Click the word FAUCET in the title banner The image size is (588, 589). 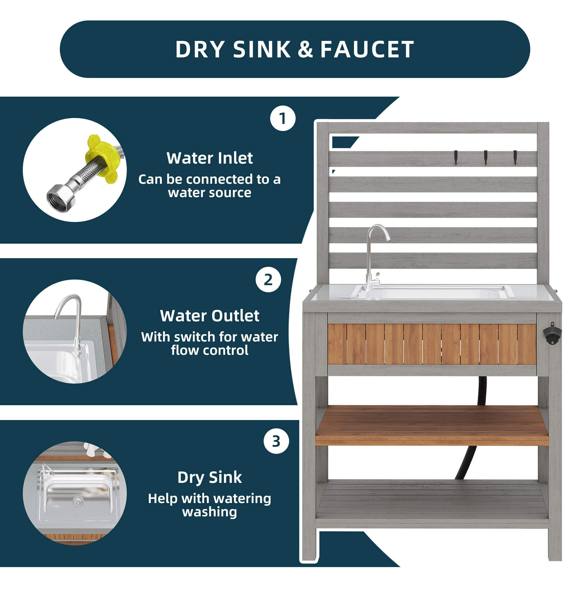(367, 50)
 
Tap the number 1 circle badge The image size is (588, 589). (283, 118)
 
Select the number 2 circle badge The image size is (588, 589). (268, 279)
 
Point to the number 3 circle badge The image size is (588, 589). (276, 441)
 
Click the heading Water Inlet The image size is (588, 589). (210, 158)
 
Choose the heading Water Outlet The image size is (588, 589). (210, 315)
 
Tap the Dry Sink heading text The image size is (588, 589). (210, 477)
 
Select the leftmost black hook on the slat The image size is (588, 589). (456, 157)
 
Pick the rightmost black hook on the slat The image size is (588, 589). (515, 157)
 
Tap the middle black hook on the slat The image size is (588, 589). (486, 157)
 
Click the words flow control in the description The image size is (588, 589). (210, 350)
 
